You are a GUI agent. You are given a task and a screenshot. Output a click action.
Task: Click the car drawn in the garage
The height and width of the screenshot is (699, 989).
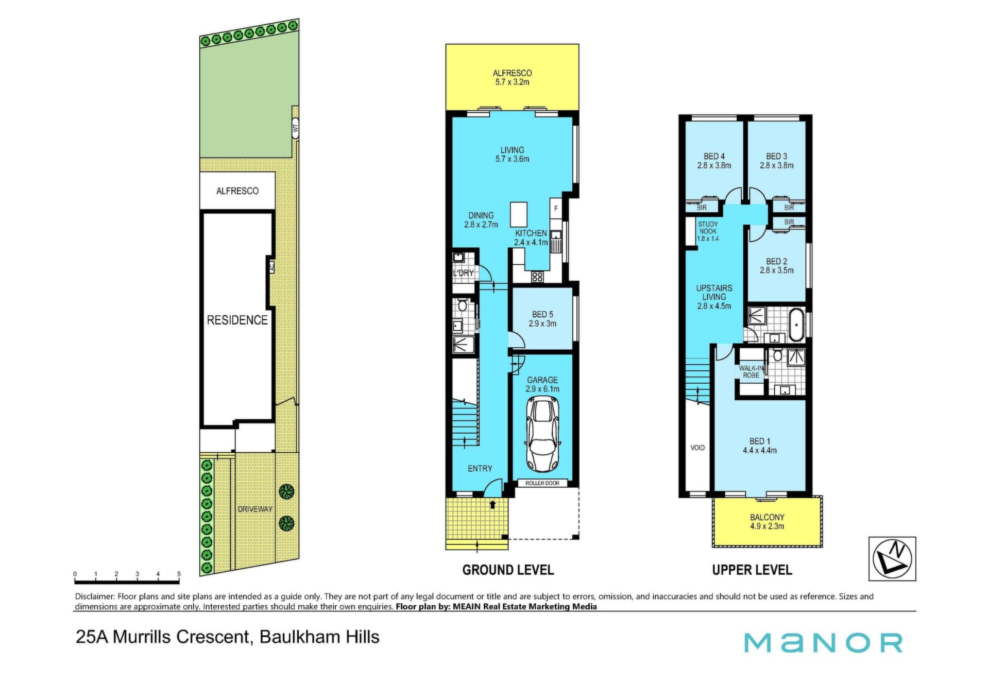[x=542, y=435]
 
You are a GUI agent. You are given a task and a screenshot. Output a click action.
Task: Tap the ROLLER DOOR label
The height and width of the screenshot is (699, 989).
[x=542, y=483]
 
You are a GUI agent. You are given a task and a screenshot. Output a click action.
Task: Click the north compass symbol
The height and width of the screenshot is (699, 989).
[x=892, y=559]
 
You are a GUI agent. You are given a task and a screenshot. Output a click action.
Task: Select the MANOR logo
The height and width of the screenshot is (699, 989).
[x=823, y=642]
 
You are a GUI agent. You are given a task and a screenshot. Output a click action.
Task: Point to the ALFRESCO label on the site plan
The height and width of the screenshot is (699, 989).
[x=237, y=191]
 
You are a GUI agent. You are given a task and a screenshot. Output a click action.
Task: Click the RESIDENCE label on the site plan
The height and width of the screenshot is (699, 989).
[x=237, y=320]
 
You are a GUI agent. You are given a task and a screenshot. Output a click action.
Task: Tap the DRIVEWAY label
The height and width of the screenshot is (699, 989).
[x=255, y=509]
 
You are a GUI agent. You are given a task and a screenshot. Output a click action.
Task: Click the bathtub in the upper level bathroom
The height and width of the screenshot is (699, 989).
[x=796, y=325]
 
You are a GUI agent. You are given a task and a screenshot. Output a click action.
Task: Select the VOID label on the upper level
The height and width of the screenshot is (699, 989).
[x=697, y=448]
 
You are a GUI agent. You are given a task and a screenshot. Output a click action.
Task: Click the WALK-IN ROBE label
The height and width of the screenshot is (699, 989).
[x=751, y=372]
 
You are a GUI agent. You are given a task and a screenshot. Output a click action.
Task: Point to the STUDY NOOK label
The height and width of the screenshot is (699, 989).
[x=708, y=228]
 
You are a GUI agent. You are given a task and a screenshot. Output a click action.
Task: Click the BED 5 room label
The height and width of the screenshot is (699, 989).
[x=542, y=314]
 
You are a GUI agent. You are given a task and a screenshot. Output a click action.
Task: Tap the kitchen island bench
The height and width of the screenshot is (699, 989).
[x=519, y=215]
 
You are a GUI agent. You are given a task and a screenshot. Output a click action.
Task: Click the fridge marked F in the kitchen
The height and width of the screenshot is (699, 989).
[x=556, y=209]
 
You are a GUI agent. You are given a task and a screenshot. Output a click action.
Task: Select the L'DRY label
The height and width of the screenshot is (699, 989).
[x=463, y=273]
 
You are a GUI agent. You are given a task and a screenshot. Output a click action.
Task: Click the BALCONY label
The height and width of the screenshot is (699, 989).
[x=767, y=517]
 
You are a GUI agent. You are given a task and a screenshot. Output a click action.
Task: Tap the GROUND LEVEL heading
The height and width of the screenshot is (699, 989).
[x=508, y=570]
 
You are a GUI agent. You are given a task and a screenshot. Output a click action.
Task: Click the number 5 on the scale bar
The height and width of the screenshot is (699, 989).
[x=179, y=574]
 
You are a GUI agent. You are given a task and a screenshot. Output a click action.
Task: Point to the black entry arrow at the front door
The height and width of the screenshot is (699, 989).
[x=492, y=504]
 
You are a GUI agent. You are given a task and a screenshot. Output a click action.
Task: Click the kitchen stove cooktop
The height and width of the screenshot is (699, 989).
[x=537, y=277]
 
